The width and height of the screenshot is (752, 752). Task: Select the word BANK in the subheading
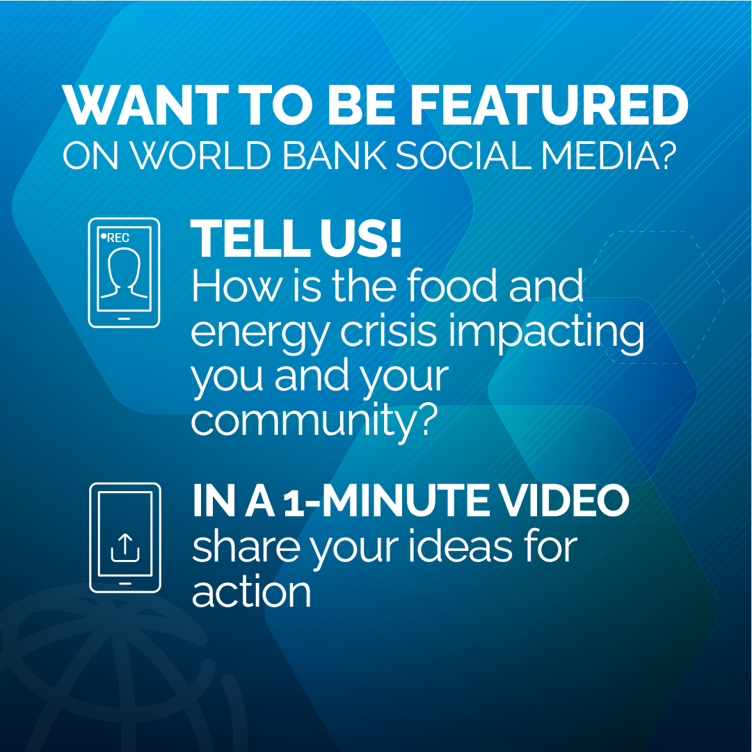tap(334, 156)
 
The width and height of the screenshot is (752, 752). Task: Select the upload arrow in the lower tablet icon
tap(125, 547)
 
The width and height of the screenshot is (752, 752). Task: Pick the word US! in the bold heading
tap(360, 239)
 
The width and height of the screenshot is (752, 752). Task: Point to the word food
tap(451, 286)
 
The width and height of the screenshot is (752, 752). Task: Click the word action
tap(251, 592)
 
